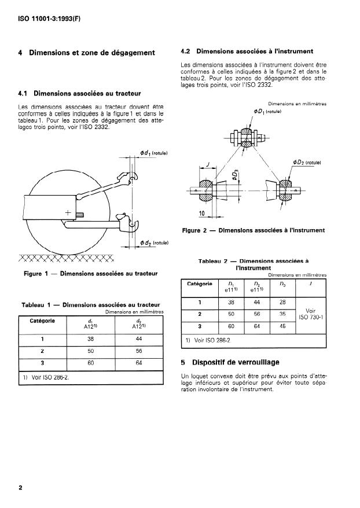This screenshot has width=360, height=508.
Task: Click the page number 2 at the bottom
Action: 21,488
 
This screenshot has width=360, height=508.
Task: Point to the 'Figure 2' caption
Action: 254,230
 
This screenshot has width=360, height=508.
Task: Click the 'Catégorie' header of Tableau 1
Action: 42,321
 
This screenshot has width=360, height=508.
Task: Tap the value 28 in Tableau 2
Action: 282,303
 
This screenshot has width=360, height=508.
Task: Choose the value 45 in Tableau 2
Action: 282,326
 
